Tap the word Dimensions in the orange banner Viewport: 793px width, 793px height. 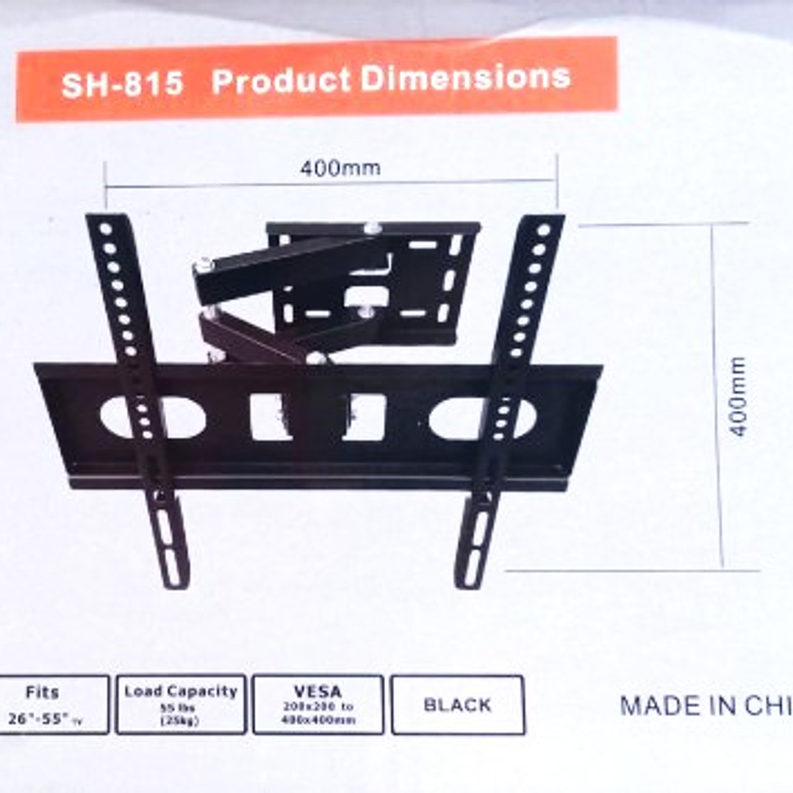point(467,78)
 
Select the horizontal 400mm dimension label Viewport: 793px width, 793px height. point(340,168)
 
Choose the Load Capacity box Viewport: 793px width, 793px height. point(181,704)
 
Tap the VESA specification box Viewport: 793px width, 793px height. point(317,704)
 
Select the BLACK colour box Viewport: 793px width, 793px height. point(457,704)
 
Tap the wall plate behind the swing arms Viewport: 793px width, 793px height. point(419,279)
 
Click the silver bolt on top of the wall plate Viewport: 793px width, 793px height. point(373,227)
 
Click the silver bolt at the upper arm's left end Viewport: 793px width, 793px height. point(203,265)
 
